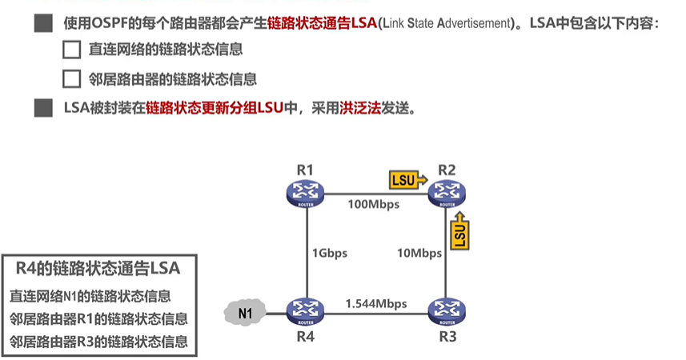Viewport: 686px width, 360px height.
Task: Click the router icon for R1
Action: tap(305, 192)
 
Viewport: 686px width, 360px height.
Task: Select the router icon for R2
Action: tap(446, 192)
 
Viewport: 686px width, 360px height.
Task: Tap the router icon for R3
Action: tap(446, 309)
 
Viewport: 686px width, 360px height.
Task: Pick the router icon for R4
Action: tap(305, 309)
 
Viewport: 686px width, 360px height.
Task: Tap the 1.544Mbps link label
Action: tap(376, 303)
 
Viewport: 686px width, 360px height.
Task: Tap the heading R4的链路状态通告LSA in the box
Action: tap(98, 267)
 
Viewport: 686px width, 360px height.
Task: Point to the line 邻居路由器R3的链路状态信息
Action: tap(98, 342)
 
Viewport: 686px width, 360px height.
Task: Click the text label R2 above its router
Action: tap(446, 169)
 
